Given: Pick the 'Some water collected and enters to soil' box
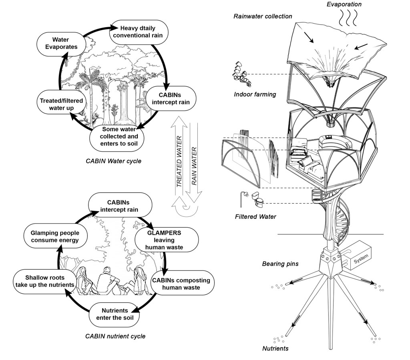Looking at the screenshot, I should pyautogui.click(x=116, y=137).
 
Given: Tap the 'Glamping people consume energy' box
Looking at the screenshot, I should pyautogui.click(x=55, y=236).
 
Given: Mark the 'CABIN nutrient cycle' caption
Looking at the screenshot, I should pyautogui.click(x=115, y=336).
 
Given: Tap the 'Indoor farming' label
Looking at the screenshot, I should pyautogui.click(x=255, y=94).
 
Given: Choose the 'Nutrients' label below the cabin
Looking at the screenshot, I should pyautogui.click(x=276, y=348).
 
